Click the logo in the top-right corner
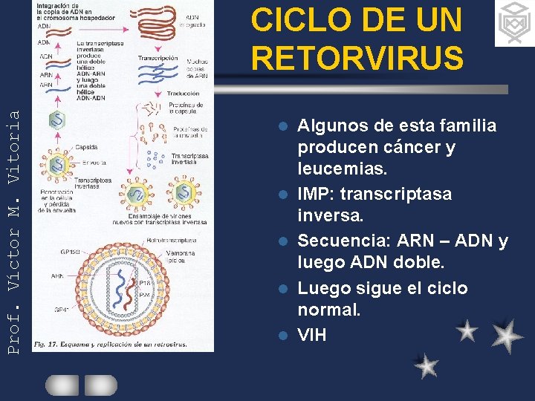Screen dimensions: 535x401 point(514,23)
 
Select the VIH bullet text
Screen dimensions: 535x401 point(311,335)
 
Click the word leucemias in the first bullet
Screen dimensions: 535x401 point(343,169)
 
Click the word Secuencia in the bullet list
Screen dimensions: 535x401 point(344,241)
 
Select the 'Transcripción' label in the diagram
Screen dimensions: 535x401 point(158,58)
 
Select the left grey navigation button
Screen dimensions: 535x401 point(62,385)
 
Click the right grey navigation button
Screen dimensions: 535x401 point(100,385)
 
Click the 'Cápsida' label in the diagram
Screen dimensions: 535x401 point(85,147)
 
